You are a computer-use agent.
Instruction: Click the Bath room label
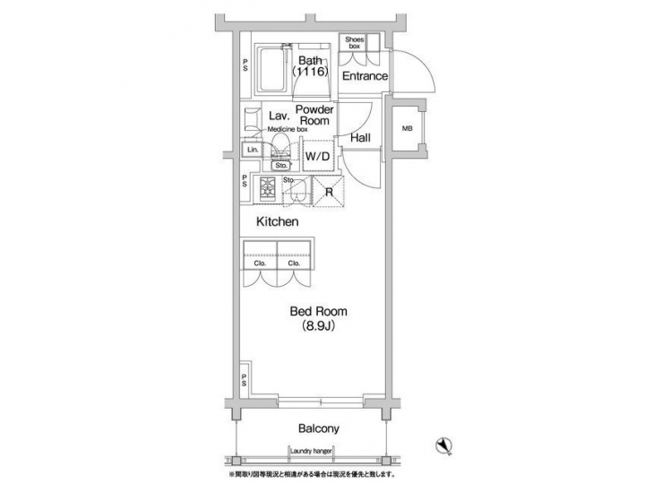[312, 61]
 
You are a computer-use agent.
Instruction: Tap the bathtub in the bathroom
[271, 71]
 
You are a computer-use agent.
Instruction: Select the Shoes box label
[354, 42]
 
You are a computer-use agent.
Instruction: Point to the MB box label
[407, 129]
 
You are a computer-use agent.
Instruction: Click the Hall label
[361, 138]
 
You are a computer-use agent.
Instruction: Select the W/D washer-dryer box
[318, 156]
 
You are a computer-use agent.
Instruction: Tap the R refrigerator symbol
[329, 191]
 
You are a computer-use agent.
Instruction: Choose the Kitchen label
[277, 220]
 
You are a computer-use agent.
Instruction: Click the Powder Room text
[314, 115]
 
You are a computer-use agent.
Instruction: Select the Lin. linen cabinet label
[253, 150]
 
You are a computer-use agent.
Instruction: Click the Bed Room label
[317, 312]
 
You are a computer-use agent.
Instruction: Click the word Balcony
[314, 428]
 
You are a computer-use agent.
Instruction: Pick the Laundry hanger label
[314, 451]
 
